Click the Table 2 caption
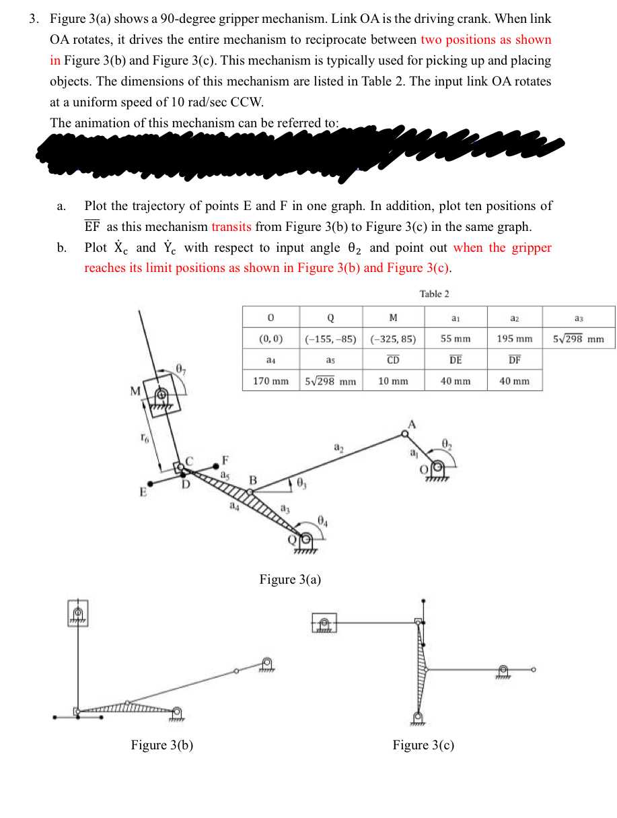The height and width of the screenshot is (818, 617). [x=434, y=294]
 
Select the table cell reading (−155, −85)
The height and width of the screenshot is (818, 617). [x=330, y=339]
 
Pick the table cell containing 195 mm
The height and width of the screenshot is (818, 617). [x=515, y=339]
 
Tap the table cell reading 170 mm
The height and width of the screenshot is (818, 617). [x=270, y=381]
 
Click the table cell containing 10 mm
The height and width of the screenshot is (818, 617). [x=393, y=381]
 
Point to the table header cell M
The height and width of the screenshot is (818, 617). [x=393, y=318]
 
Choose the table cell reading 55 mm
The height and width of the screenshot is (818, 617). [x=456, y=339]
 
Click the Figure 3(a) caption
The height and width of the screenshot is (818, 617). [x=290, y=580]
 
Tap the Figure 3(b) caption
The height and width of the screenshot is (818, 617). [x=162, y=745]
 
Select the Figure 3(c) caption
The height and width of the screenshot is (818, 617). [x=423, y=745]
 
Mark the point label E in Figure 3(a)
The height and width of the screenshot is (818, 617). [x=143, y=491]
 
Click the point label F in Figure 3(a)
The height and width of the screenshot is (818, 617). [x=225, y=461]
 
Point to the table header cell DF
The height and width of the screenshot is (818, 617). [x=515, y=360]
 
